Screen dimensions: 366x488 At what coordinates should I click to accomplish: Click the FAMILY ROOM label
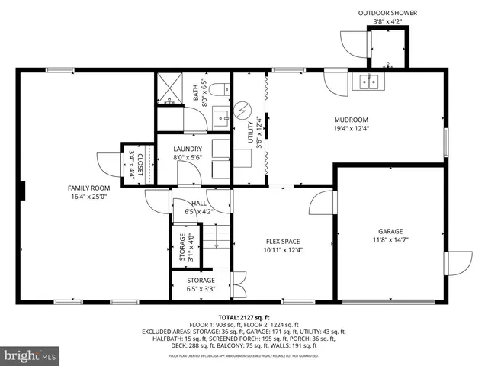[x=89, y=188]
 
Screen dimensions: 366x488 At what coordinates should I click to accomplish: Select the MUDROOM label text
[x=351, y=120]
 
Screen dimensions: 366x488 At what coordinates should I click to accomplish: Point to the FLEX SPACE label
[x=282, y=242]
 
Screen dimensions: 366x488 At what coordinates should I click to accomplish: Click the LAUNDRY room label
[x=188, y=149]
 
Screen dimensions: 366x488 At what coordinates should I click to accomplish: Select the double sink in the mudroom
[x=370, y=82]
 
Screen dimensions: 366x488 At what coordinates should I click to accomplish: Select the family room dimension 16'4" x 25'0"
[x=89, y=196]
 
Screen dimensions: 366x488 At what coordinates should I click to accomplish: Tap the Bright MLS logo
[x=30, y=355]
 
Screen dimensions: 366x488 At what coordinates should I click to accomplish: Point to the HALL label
[x=199, y=203]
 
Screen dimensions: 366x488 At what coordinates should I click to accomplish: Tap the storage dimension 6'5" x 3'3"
[x=201, y=289]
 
